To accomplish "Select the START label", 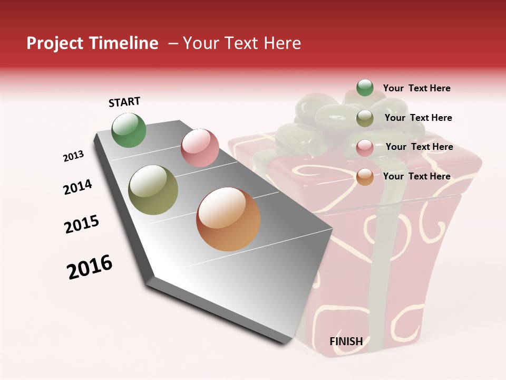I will (124, 102).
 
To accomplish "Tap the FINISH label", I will (346, 341).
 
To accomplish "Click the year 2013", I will (73, 156).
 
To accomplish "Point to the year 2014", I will (77, 187).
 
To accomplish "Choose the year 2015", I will (82, 224).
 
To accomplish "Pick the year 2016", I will (90, 267).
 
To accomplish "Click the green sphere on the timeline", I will (129, 130).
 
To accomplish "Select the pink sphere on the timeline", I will (200, 148).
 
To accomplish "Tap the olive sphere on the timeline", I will (153, 190).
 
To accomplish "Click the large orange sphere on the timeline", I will (228, 219).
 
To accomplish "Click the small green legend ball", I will (365, 88).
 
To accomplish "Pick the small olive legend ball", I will (365, 118).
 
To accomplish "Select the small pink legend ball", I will (365, 148).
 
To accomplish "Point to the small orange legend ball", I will (365, 177).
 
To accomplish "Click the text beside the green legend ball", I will (416, 88).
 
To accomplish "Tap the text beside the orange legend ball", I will (416, 176).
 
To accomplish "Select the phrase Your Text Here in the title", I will (242, 43).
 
